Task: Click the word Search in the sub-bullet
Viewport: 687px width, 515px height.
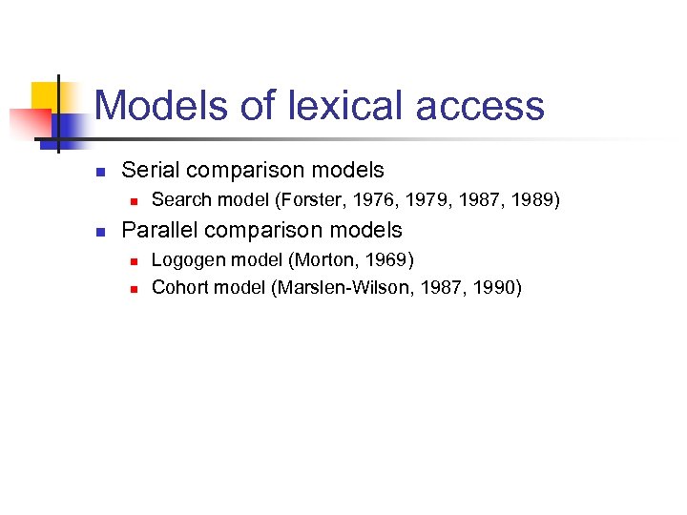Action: (181, 200)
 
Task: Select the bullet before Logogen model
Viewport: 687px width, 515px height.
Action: (136, 260)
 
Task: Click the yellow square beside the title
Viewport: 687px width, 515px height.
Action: (45, 95)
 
